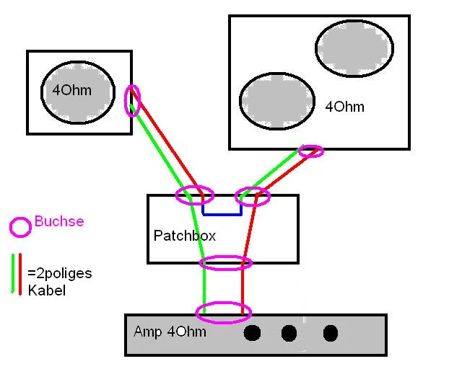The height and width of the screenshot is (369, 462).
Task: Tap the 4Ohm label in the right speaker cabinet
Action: (344, 107)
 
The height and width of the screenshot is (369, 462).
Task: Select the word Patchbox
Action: (185, 236)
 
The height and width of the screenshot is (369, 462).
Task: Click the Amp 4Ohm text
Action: (170, 332)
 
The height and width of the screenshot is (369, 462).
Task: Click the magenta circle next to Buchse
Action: (20, 227)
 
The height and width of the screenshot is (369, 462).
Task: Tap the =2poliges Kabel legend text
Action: (59, 282)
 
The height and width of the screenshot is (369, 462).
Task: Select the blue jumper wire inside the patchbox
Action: (222, 213)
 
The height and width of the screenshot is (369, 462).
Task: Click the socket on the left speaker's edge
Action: (132, 101)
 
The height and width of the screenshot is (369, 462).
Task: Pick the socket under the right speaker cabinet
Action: (311, 151)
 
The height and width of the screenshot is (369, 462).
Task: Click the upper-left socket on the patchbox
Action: (195, 195)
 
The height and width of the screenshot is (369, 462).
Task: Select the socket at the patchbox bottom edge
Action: (225, 263)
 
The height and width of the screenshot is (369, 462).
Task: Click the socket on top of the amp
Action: (224, 313)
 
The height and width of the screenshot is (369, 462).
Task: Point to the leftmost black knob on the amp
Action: (252, 333)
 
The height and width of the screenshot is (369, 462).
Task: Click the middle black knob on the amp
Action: (289, 333)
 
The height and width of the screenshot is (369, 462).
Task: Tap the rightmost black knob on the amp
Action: (330, 333)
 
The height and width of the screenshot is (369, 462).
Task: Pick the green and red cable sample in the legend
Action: (17, 274)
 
